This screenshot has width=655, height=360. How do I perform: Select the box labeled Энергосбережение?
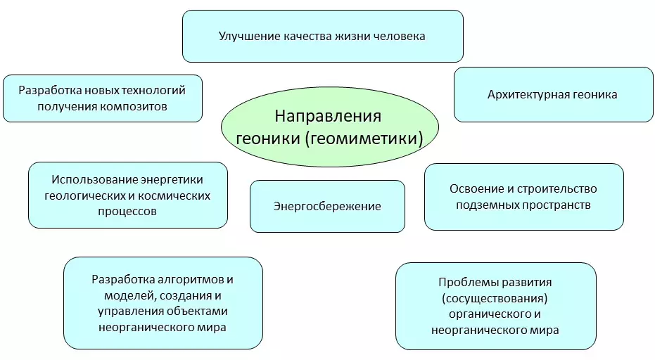point(327,206)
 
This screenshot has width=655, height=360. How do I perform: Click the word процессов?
point(128,211)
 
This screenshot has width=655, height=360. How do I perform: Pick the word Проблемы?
point(466,282)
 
